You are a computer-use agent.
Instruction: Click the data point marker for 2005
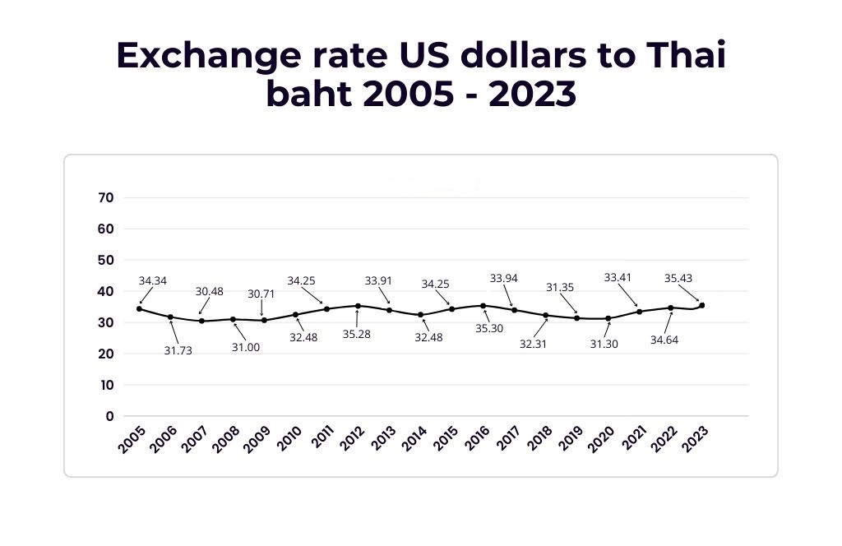(139, 309)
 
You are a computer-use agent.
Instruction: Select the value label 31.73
(179, 352)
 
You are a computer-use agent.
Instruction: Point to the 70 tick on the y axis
(105, 197)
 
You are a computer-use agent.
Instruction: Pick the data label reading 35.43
(679, 279)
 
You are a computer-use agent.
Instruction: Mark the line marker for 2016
(483, 306)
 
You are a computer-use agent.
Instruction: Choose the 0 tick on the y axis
(109, 416)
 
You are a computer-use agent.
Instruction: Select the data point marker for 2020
(608, 318)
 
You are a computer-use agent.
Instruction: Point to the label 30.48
(210, 291)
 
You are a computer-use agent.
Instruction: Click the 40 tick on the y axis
(105, 291)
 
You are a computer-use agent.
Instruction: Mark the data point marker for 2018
(546, 315)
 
